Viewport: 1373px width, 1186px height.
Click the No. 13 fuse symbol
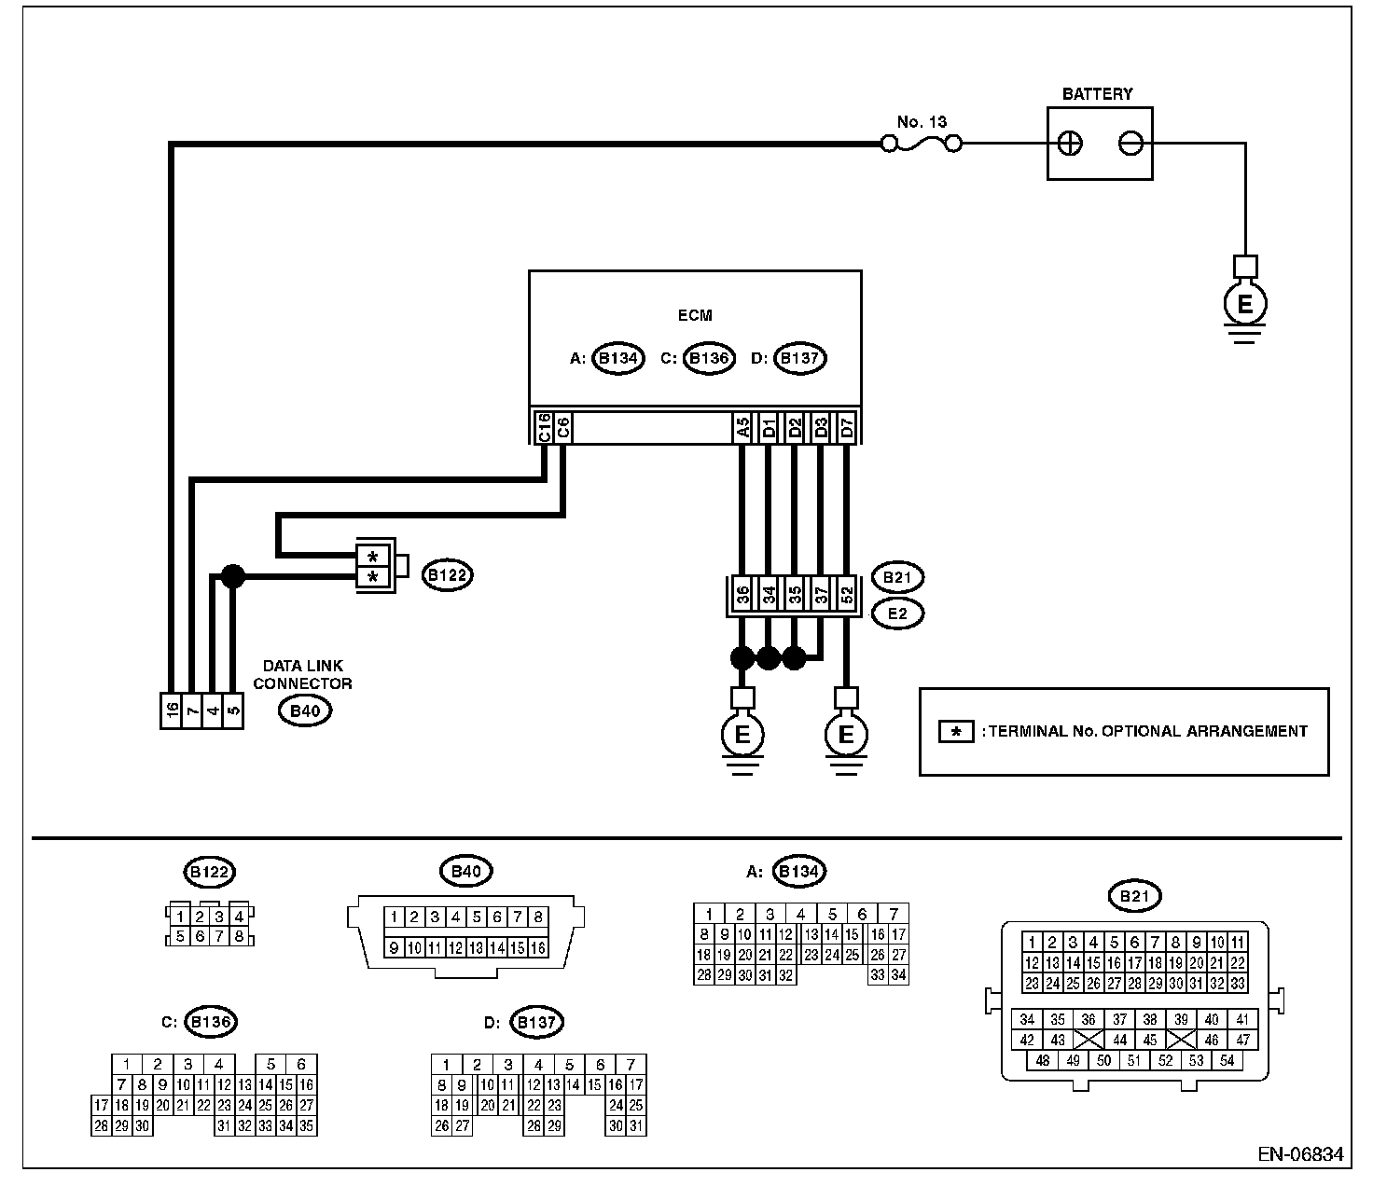point(922,144)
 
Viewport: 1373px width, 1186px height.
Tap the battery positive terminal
point(1071,144)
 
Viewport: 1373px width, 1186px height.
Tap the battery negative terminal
point(1130,144)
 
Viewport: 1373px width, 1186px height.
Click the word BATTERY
point(1097,94)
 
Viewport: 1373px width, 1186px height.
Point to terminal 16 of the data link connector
point(171,711)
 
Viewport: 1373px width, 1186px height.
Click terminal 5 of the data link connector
point(233,711)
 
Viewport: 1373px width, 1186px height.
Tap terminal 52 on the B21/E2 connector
point(847,595)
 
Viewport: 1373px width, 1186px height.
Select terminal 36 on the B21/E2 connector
point(742,595)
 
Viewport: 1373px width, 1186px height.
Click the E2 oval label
point(896,614)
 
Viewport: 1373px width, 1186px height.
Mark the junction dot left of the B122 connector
point(232,577)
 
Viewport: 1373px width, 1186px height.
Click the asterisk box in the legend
point(956,732)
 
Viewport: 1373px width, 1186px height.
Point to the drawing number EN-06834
point(1299,1154)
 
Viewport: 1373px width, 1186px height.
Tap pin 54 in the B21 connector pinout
point(1227,1060)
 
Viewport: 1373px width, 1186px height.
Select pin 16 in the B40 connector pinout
point(537,948)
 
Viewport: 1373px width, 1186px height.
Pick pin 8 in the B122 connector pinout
point(239,936)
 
